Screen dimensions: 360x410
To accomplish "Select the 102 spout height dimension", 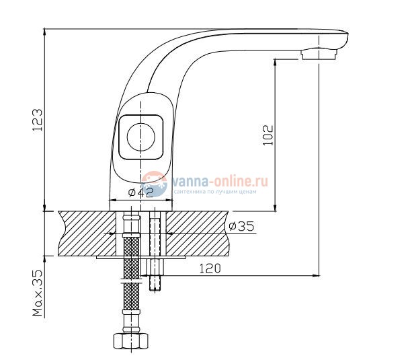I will pos(267,135).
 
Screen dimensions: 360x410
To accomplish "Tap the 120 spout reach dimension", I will pos(210,268).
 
